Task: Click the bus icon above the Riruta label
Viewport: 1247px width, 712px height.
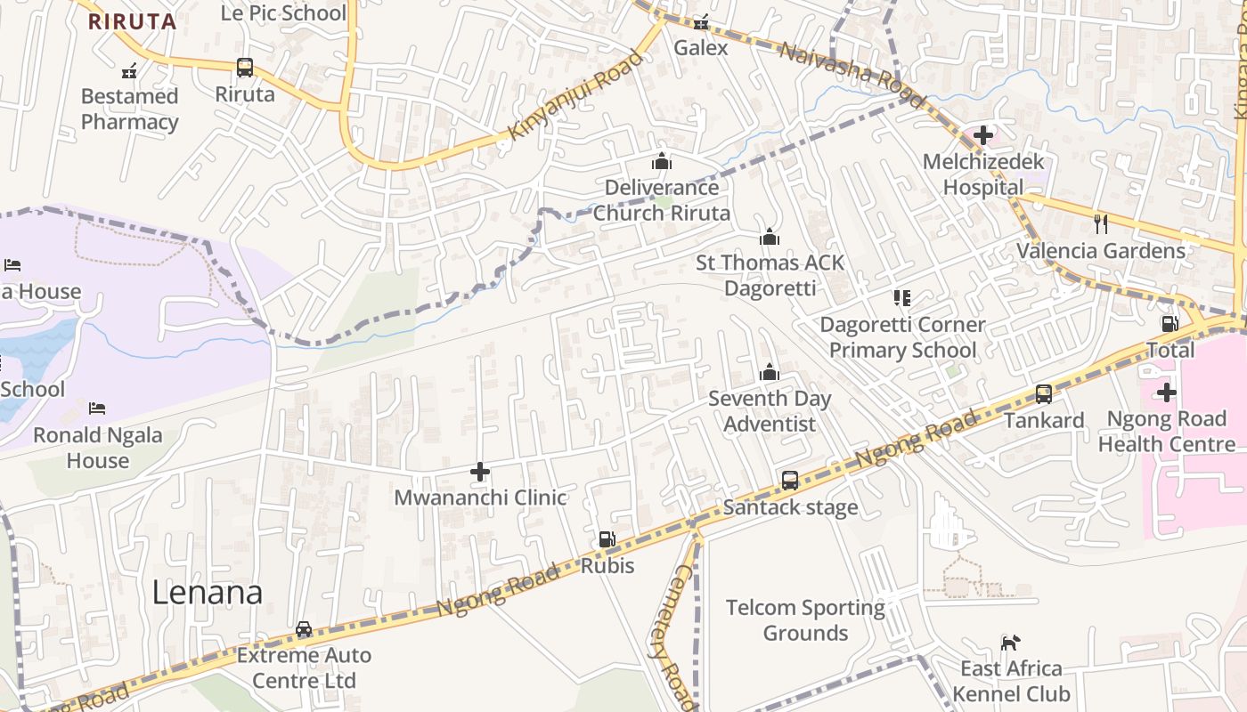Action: click(x=245, y=68)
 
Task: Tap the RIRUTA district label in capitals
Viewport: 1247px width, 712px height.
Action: click(x=132, y=21)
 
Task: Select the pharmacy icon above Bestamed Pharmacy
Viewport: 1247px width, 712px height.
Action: click(x=129, y=70)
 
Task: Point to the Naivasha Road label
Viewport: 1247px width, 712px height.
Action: click(x=840, y=63)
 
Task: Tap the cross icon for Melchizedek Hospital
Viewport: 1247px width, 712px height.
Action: click(x=983, y=135)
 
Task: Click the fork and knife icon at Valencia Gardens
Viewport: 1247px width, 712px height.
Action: click(x=1101, y=223)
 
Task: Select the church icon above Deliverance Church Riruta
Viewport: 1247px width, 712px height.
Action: click(x=661, y=161)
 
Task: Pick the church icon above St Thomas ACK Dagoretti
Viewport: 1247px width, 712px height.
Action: click(x=770, y=237)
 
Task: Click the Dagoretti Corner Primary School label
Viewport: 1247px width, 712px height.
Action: click(x=902, y=337)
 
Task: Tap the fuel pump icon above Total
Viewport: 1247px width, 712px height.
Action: click(x=1170, y=324)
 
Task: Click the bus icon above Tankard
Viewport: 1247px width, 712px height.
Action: click(x=1043, y=393)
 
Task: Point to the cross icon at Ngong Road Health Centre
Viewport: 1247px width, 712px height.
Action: click(x=1166, y=392)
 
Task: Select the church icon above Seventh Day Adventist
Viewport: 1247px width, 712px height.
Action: click(x=770, y=372)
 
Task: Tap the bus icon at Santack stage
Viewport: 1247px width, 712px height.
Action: click(x=790, y=481)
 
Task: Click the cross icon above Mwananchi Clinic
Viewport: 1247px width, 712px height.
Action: click(x=480, y=471)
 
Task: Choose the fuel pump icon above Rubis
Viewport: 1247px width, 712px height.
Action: click(x=607, y=539)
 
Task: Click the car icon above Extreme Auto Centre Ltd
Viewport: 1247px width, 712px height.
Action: click(x=304, y=629)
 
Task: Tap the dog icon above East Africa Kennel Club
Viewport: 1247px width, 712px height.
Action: click(x=1010, y=643)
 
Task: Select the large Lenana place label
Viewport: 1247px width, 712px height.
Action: click(x=207, y=593)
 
